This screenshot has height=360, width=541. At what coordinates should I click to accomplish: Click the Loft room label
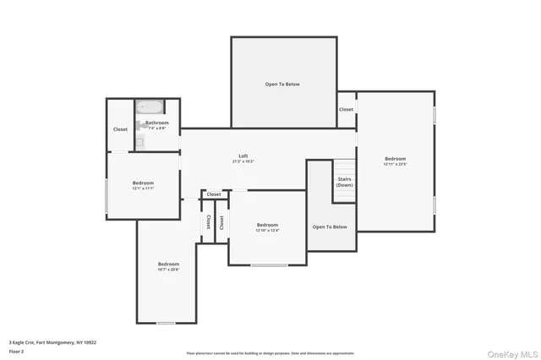pyautogui.click(x=243, y=155)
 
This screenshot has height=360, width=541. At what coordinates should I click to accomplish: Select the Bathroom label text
pyautogui.click(x=156, y=123)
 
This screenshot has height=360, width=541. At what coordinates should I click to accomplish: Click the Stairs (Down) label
pyautogui.click(x=345, y=182)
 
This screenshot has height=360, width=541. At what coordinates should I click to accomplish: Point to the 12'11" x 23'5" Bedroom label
pyautogui.click(x=395, y=159)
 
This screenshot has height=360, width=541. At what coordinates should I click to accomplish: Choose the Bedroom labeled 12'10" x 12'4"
pyautogui.click(x=267, y=225)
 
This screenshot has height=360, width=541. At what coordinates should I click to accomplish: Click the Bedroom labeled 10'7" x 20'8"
pyautogui.click(x=167, y=265)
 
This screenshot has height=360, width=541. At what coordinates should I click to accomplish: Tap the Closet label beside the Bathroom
pyautogui.click(x=120, y=129)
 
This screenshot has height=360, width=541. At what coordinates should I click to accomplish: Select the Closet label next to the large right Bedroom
pyautogui.click(x=347, y=109)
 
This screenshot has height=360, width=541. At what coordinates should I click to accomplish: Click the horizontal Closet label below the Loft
pyautogui.click(x=214, y=194)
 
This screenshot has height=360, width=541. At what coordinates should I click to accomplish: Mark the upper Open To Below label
pyautogui.click(x=282, y=85)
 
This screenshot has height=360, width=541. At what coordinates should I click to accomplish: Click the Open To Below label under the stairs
pyautogui.click(x=330, y=226)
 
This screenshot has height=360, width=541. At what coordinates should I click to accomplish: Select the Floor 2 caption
pyautogui.click(x=17, y=351)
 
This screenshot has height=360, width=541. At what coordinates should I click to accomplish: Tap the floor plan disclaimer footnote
pyautogui.click(x=270, y=353)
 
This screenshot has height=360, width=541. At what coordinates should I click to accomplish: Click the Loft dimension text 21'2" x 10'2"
pyautogui.click(x=243, y=161)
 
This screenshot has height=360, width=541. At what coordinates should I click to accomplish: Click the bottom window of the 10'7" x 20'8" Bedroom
pyautogui.click(x=167, y=323)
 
